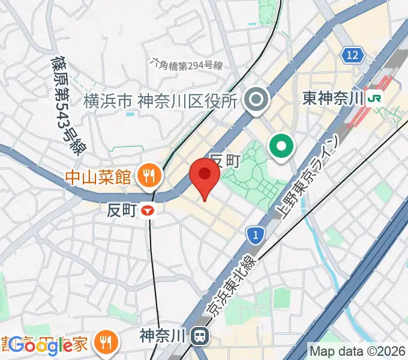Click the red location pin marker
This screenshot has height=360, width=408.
tap(205, 178)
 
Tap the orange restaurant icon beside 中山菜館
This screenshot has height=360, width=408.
tap(147, 176)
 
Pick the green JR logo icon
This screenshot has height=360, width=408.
tap(377, 97)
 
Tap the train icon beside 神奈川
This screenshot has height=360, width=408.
tap(199, 336)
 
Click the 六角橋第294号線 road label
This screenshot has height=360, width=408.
tap(187, 64)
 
